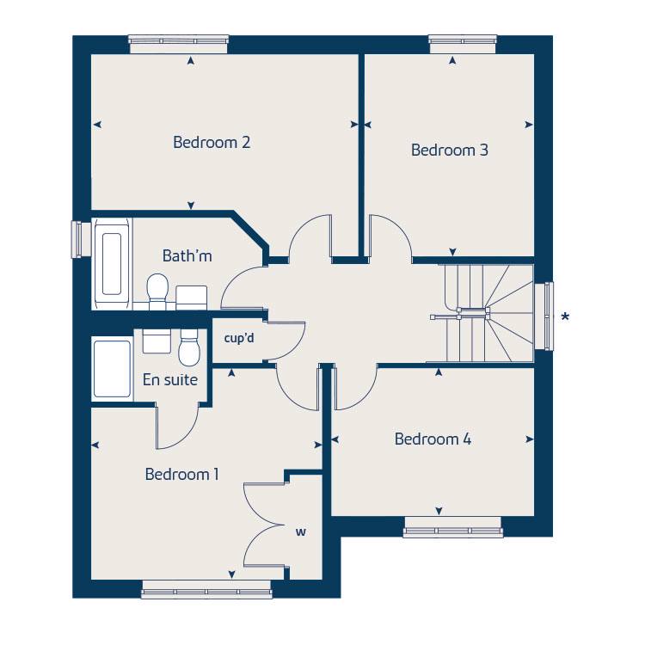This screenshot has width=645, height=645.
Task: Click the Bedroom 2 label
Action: tap(212, 142)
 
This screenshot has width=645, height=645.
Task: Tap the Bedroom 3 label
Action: tap(450, 150)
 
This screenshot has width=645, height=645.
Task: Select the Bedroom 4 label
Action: tap(433, 439)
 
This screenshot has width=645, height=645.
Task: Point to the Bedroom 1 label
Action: tap(182, 474)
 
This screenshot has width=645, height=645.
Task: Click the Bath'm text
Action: tap(187, 255)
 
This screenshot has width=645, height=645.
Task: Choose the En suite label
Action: tap(169, 379)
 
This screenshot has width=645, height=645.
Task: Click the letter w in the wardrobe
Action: tap(301, 532)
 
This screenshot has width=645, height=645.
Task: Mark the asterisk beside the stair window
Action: tap(565, 317)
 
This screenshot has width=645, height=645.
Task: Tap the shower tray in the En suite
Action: tap(112, 370)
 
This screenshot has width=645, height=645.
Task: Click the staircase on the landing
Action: tap(486, 314)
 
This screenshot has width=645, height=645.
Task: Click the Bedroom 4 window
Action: tap(452, 526)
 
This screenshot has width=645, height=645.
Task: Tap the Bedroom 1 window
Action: tap(206, 589)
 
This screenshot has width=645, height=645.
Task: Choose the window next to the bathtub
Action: tap(81, 239)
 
